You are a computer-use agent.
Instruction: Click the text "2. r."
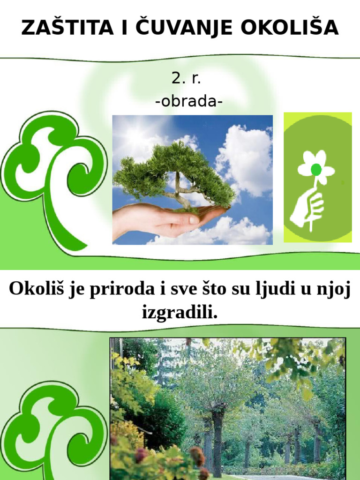click(x=186, y=78)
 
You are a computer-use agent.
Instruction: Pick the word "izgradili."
click(x=180, y=312)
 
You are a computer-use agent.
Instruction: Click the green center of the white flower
click(x=316, y=169)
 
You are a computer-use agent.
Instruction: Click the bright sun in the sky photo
click(x=135, y=136)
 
